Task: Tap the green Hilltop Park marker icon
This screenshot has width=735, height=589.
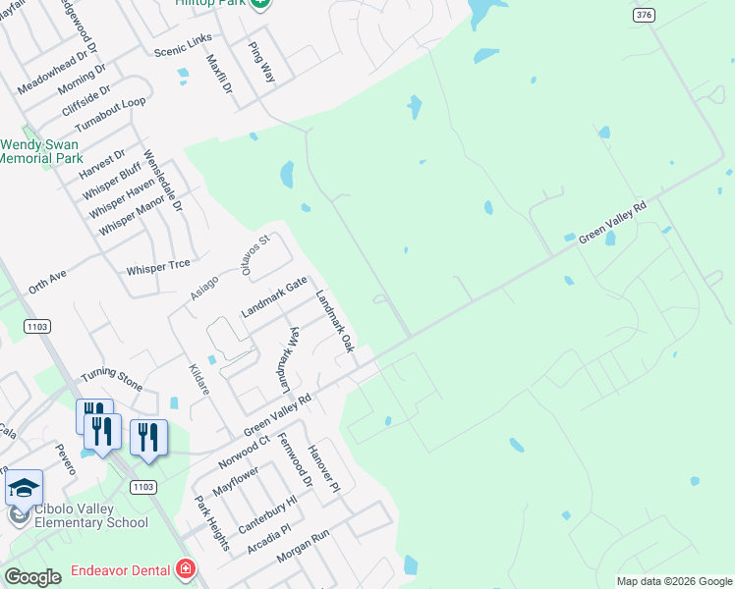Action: pyautogui.click(x=259, y=4)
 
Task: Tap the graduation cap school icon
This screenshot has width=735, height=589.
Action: pyautogui.click(x=25, y=487)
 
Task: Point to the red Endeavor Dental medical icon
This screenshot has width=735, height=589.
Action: pyautogui.click(x=185, y=569)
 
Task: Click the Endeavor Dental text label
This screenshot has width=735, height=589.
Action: pyautogui.click(x=122, y=570)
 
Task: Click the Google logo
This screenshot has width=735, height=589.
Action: pyautogui.click(x=32, y=577)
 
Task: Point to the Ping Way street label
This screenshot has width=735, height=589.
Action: pyautogui.click(x=261, y=62)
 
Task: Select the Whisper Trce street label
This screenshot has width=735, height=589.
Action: pyautogui.click(x=158, y=268)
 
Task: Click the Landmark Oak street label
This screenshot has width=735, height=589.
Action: pyautogui.click(x=334, y=321)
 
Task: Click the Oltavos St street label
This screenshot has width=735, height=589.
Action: pyautogui.click(x=255, y=254)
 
